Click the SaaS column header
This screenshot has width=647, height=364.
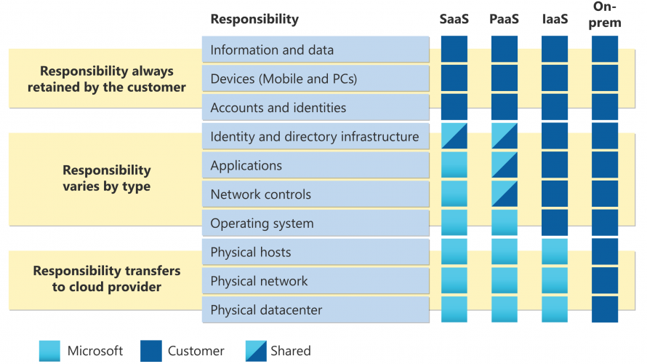pos(454,19)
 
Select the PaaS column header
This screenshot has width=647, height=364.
pos(505,19)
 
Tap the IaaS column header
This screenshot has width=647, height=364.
pos(555,19)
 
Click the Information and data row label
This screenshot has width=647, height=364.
pos(272,50)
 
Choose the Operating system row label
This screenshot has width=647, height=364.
pos(262,223)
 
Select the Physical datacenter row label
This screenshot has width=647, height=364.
pos(266,310)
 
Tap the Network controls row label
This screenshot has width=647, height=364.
pos(260,194)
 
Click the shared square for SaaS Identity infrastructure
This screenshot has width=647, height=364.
pos(454,136)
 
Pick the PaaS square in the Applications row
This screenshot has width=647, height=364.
pos(505,165)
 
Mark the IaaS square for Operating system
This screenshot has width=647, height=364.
pos(555,223)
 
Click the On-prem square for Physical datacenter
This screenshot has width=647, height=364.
pos(605,309)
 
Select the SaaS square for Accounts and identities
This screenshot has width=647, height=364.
pos(454,107)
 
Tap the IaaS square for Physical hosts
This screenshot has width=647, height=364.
pos(555,252)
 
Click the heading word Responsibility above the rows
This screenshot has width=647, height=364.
pos(254,19)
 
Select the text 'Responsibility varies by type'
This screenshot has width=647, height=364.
pos(106,178)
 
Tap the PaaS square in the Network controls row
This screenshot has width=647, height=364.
pos(505,194)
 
